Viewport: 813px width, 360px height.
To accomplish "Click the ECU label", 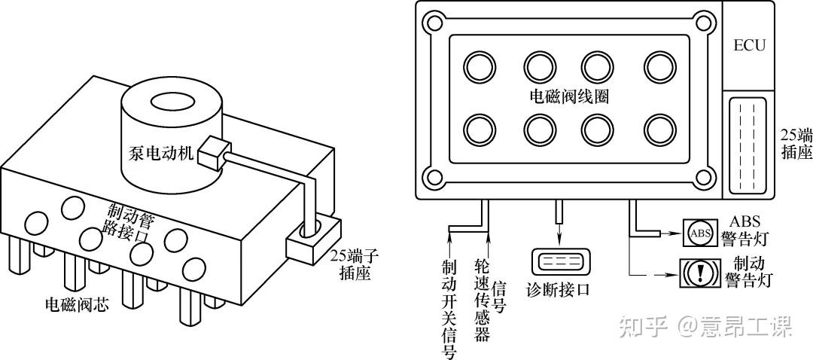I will point(749,45).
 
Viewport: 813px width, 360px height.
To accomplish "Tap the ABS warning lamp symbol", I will point(699,233).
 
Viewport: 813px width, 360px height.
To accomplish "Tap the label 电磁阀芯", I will point(77,305).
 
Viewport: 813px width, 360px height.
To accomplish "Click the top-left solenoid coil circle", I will point(480,67).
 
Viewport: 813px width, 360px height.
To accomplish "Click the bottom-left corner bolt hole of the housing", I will point(434,178).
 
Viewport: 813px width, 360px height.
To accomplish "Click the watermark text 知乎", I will point(643,326).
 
